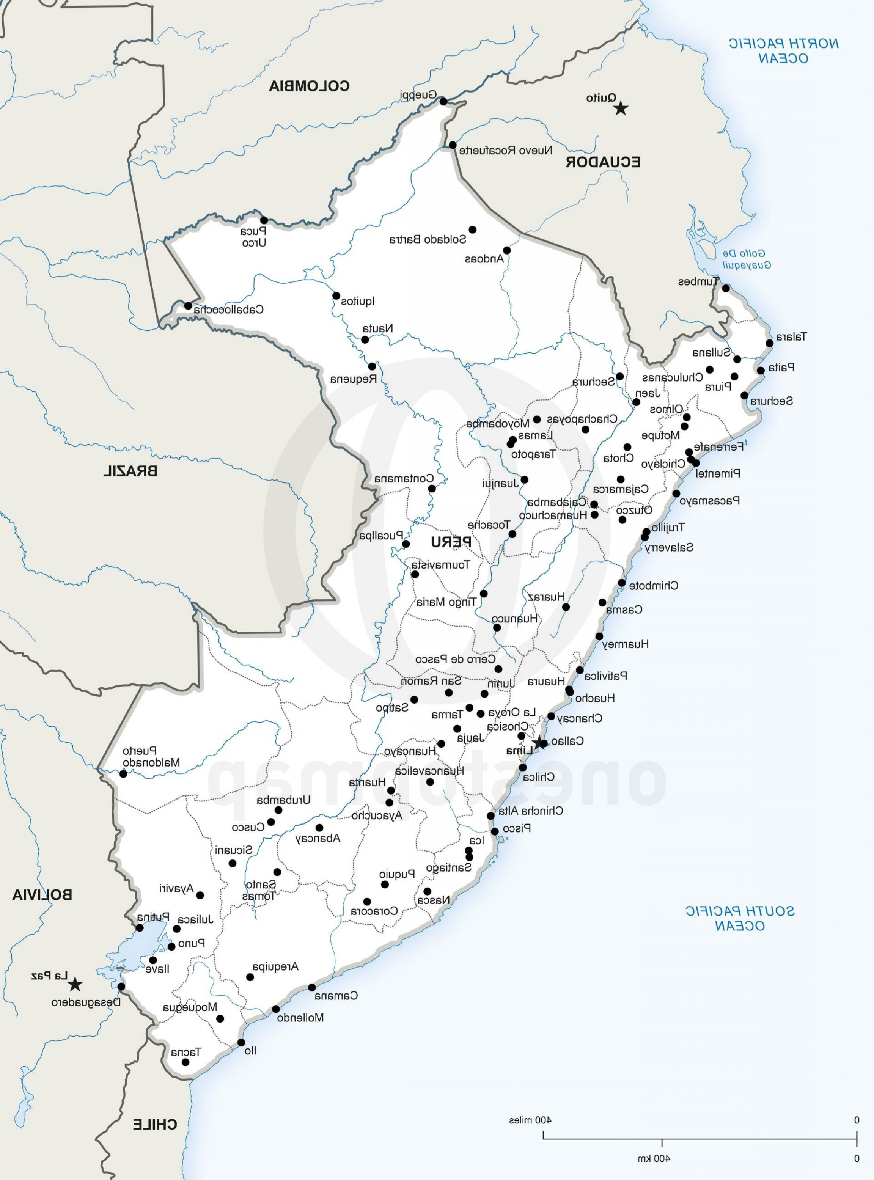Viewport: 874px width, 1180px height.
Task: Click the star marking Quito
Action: pos(621,109)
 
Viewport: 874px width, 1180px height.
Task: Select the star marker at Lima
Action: pos(539,743)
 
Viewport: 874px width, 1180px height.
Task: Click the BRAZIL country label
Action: pos(130,471)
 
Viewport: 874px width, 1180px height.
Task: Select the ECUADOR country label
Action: pos(603,162)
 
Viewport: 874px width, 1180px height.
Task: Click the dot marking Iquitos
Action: pos(336,295)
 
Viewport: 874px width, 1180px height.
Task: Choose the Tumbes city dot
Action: pos(726,288)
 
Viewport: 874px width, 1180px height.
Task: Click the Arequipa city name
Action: pos(275,966)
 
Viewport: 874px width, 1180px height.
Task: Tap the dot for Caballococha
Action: pos(188,306)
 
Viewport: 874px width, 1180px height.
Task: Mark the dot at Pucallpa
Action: pos(406,544)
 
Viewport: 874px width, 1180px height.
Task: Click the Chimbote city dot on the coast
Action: pos(622,583)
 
